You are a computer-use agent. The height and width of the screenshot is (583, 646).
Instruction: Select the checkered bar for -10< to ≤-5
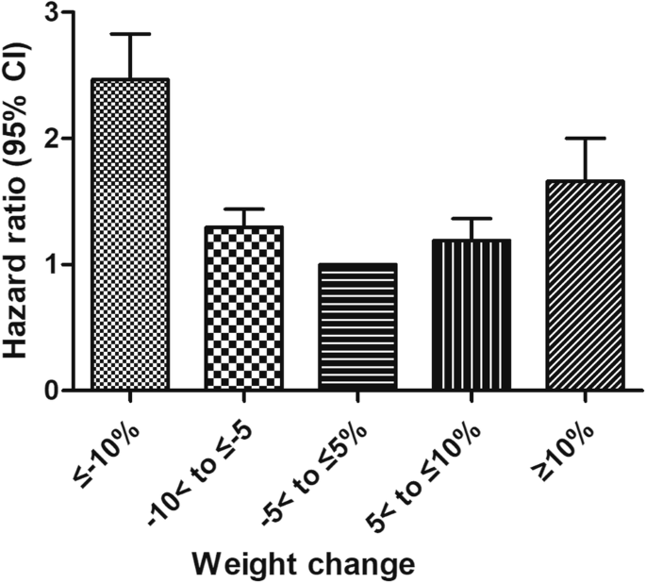(244, 308)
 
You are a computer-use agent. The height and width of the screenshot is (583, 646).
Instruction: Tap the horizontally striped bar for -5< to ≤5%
(357, 326)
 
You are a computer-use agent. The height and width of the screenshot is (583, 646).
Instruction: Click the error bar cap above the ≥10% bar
(585, 139)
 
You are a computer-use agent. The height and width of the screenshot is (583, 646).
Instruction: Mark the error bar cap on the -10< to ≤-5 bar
(244, 208)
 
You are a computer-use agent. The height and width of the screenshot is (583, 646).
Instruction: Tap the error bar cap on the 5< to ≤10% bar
(471, 218)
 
